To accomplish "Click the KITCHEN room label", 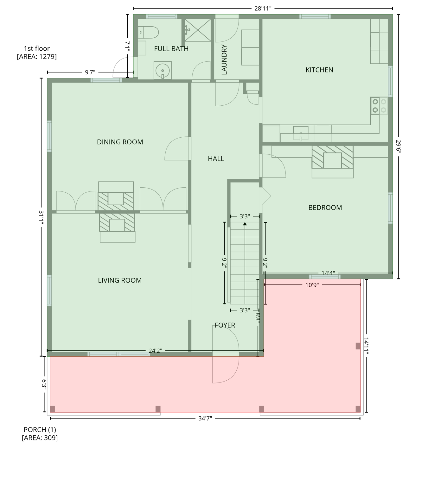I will (319, 70).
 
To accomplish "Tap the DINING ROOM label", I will (120, 142).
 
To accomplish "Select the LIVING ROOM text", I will (120, 280).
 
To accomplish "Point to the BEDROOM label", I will (325, 208).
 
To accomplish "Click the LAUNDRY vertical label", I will (224, 60).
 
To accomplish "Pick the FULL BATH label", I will (171, 49).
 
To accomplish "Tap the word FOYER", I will (225, 325).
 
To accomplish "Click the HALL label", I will (216, 159).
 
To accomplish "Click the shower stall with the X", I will (198, 30).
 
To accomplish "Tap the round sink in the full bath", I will (163, 70).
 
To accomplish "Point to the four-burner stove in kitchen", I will (379, 106).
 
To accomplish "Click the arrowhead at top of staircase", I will (245, 224).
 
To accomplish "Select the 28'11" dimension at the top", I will (263, 9).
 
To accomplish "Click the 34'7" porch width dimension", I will (205, 418).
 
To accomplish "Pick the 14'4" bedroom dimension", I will (328, 273).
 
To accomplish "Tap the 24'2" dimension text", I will (155, 351).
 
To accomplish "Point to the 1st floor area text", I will (37, 53).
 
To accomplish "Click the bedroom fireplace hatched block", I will (332, 157).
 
